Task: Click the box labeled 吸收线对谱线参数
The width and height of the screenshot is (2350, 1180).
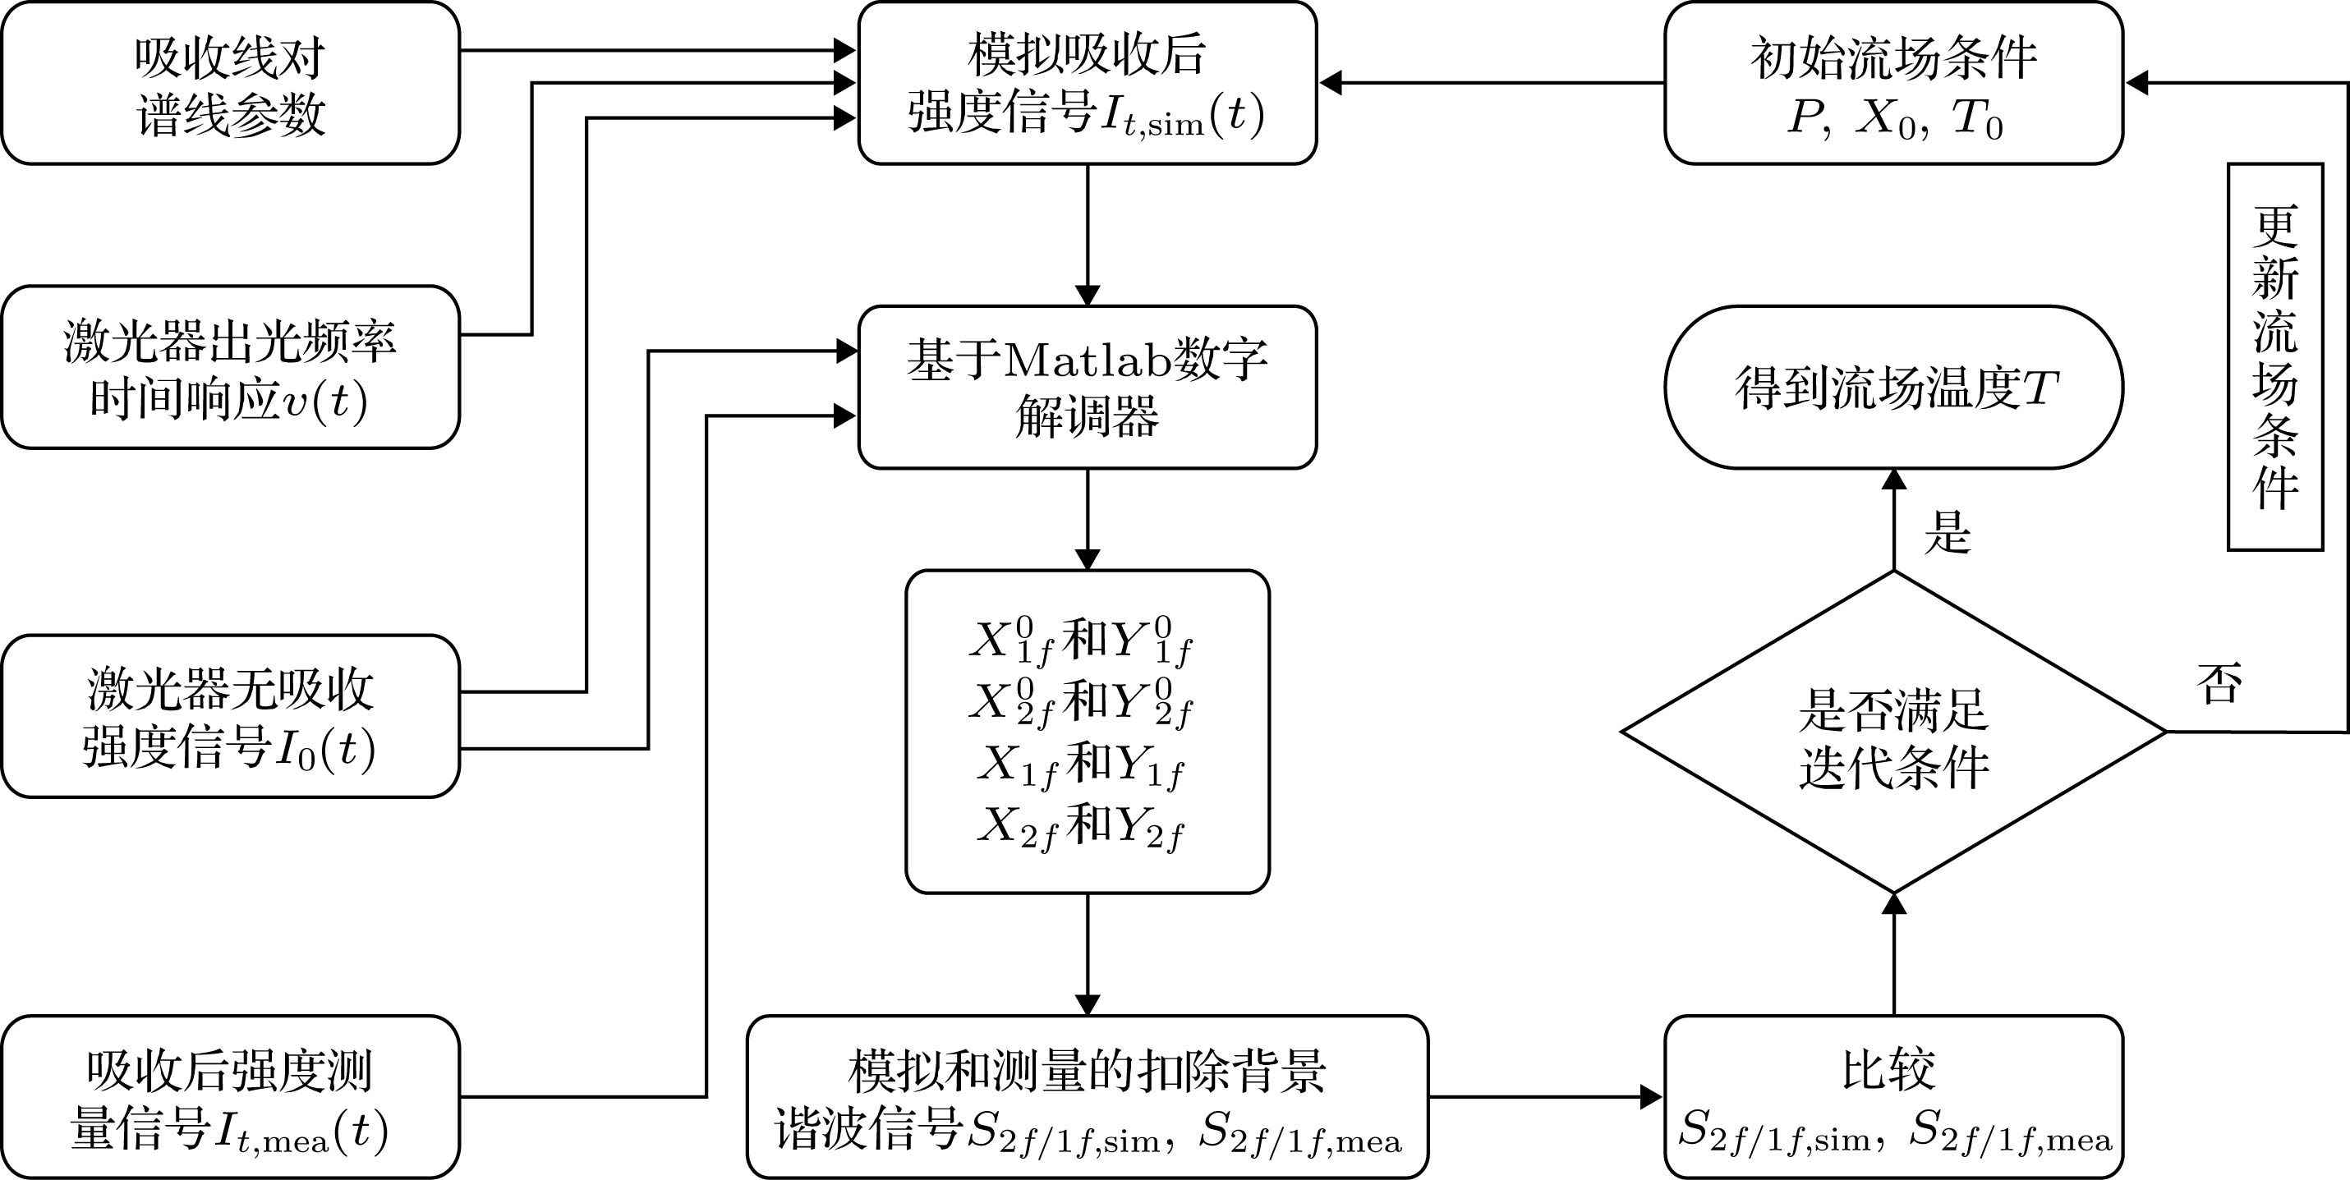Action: tap(230, 83)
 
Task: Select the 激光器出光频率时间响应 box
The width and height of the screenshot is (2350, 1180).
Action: tap(230, 368)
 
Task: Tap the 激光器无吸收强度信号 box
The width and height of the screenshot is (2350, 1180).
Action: tap(230, 717)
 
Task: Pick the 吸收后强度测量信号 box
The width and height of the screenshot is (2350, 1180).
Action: tap(230, 1097)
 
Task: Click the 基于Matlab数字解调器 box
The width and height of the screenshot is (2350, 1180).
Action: tap(1087, 388)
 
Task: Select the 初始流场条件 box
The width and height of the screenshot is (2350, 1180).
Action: tap(1894, 83)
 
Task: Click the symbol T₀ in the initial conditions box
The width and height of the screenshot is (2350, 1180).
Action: tap(1977, 119)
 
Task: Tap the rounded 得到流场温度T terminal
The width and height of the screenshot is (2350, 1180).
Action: tap(1894, 388)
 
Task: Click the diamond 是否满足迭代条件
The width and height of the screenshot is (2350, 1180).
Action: tap(1894, 732)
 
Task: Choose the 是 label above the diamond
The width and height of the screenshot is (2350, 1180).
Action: tap(1947, 531)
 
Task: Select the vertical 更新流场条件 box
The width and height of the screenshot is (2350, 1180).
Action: tap(2274, 356)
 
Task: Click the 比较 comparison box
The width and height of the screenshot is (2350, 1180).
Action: tap(1894, 1097)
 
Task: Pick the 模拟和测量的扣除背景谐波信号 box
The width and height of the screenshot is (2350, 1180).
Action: tap(1087, 1097)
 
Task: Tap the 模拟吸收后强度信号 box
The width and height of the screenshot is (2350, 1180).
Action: tap(1087, 83)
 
